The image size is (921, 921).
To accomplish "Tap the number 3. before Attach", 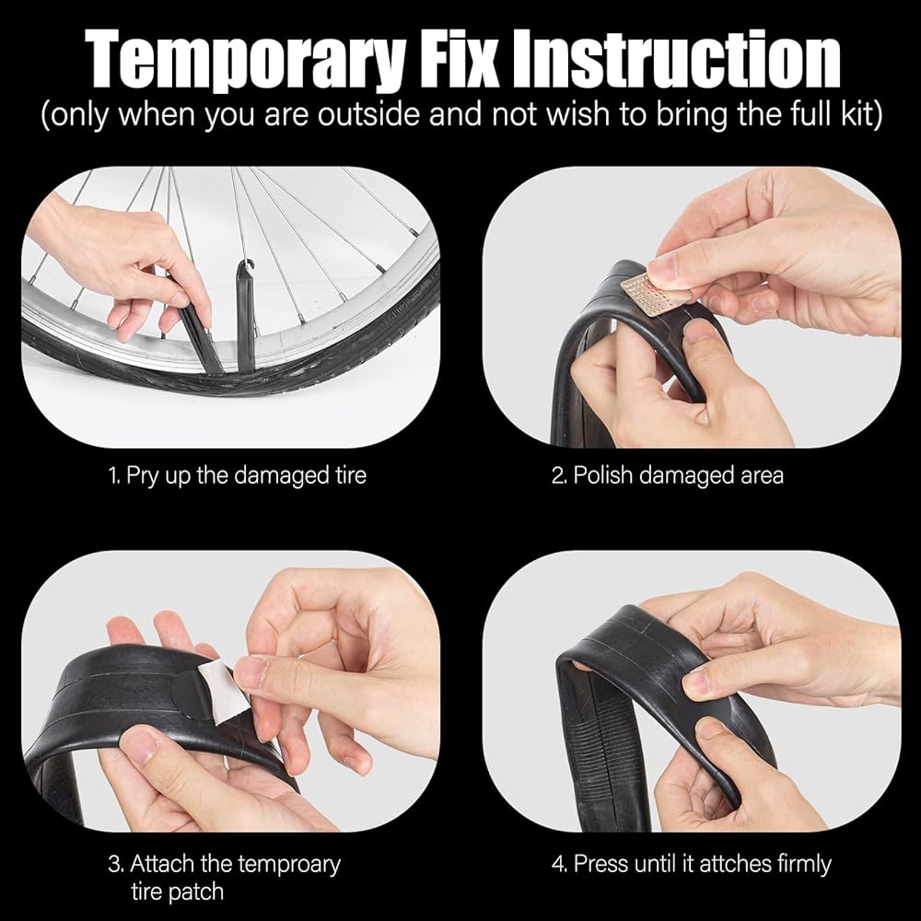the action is pos(116,865).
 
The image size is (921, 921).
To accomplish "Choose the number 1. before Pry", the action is pos(114,475).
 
